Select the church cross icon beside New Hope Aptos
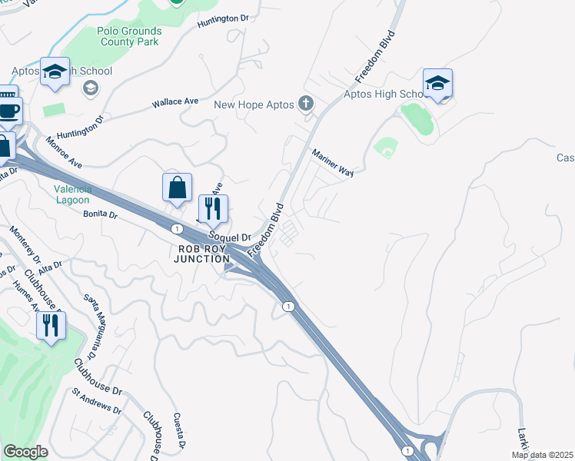click(306, 104)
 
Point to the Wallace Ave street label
click(175, 101)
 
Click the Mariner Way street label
click(332, 163)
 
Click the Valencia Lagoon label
click(73, 194)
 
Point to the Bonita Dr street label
click(100, 216)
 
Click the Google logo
click(25, 452)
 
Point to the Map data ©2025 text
click(541, 455)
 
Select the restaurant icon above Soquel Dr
click(213, 207)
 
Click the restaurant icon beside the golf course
click(51, 325)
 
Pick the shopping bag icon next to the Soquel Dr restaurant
click(177, 187)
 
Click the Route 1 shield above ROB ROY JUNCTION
click(177, 228)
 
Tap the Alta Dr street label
click(50, 264)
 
